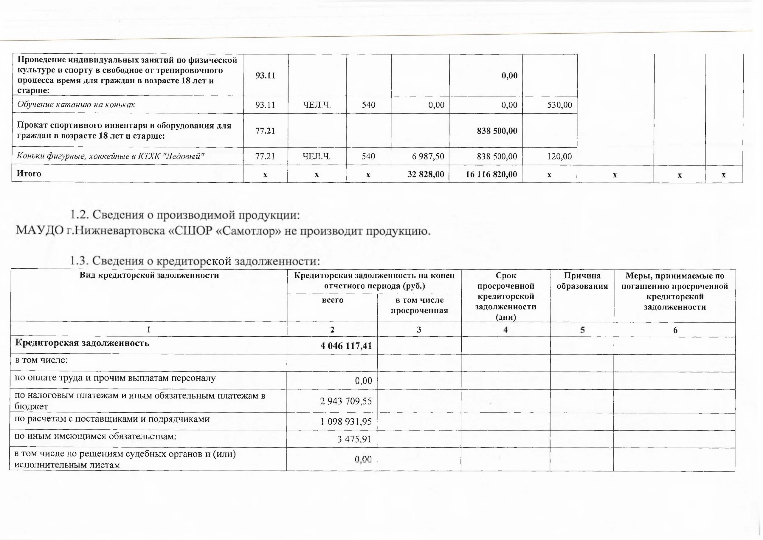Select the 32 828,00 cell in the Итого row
[x=426, y=174]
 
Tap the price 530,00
[x=560, y=105]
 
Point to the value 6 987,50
[x=428, y=156]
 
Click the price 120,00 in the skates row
[x=560, y=156]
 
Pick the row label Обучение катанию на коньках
[x=76, y=105]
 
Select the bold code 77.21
[x=265, y=131]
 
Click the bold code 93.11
[x=265, y=75]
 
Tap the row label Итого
[x=29, y=174]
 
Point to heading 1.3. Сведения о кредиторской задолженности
[x=195, y=261]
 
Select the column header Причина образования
[x=582, y=281]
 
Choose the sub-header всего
[x=332, y=300]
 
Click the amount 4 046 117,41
[x=346, y=346]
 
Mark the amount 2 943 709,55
[x=346, y=401]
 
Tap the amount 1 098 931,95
[x=346, y=422]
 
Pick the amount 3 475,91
[x=354, y=439]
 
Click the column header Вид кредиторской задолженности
[x=149, y=275]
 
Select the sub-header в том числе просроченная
[x=419, y=305]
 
